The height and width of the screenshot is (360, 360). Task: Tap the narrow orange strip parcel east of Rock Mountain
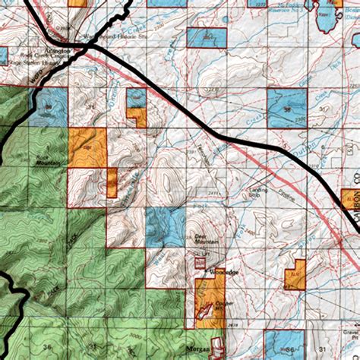tap(112, 182)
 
